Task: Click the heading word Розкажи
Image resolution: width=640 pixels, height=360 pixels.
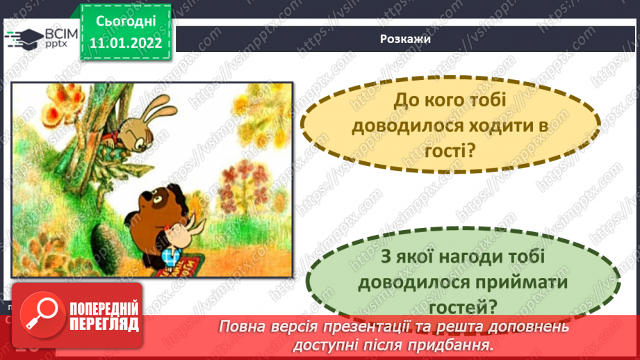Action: tap(406, 39)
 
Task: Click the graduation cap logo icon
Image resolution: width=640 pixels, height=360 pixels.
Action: tap(26, 37)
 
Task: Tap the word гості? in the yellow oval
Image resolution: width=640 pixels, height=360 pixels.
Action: tap(450, 149)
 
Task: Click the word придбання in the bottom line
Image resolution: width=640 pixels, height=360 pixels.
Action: tap(454, 344)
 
